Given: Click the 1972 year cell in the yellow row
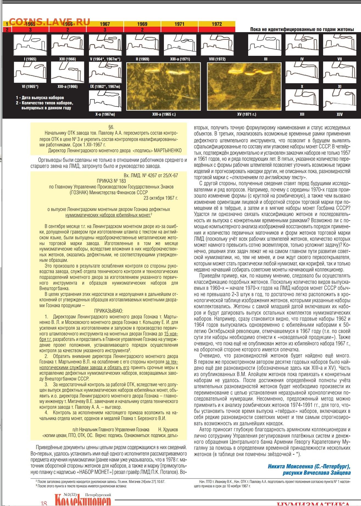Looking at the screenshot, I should click(x=217, y=24).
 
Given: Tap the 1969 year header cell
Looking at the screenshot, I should click(x=142, y=24).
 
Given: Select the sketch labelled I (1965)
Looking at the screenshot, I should click(x=30, y=45).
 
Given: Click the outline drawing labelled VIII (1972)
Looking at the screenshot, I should click(x=217, y=45).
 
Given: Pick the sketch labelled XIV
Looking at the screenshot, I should click(x=339, y=100).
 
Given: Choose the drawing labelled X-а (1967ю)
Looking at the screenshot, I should click(x=105, y=100).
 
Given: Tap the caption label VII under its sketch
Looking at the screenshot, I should click(x=340, y=59).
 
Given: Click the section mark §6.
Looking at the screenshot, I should click(x=111, y=127).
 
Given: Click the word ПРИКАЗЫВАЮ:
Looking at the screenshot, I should click(x=109, y=311).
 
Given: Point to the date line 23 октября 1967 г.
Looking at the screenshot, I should click(x=161, y=198).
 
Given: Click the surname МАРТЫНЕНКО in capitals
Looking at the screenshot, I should click(x=168, y=151).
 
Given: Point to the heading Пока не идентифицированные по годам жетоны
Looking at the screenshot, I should click(x=302, y=29).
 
